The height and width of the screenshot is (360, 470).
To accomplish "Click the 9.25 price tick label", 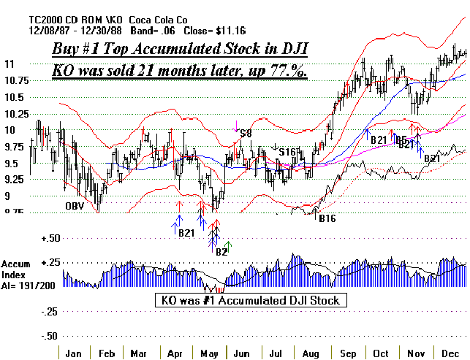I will coord(15,180).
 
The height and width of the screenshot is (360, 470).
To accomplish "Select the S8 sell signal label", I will coord(246,134).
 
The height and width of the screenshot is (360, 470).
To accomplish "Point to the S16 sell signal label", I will coord(289,151).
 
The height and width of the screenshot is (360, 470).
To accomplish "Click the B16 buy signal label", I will coord(327,218).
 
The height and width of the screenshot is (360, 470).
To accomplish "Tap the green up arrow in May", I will coord(228,247).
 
